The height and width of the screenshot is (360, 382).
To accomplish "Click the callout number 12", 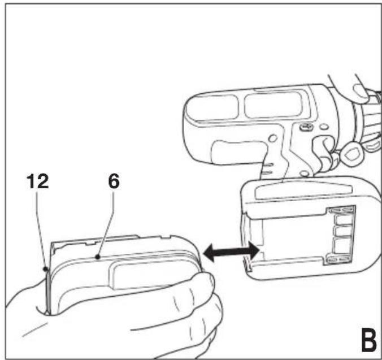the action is click(38, 181).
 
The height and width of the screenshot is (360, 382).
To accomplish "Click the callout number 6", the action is click(114, 181).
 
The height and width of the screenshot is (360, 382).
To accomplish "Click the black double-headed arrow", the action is click(231, 253).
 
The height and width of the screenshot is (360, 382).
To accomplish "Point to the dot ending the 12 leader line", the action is click(45, 269).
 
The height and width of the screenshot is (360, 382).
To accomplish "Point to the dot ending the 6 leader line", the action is click(98, 257).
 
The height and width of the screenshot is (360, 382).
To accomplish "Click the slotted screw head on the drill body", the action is click(306, 127).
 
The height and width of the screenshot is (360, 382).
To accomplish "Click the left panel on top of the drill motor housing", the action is click(211, 108).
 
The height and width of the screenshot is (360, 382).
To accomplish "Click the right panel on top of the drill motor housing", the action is click(273, 105).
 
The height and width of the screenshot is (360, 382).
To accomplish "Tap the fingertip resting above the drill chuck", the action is click(361, 93).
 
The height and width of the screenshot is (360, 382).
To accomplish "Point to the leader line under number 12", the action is click(41, 228).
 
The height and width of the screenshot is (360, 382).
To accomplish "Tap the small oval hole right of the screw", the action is click(324, 127).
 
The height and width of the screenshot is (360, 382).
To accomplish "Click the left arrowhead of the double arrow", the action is click(209, 253).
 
